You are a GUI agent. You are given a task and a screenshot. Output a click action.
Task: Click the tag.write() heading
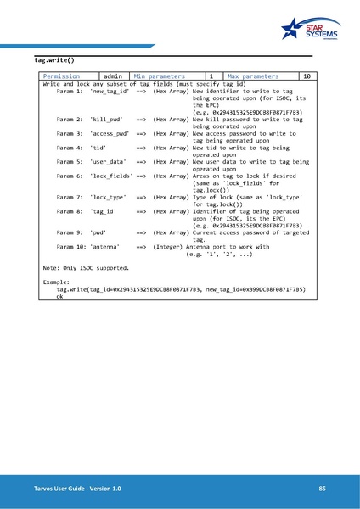coord(54,61)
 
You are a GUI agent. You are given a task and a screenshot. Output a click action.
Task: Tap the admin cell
coord(111,76)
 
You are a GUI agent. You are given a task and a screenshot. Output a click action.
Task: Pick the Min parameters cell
coord(160,76)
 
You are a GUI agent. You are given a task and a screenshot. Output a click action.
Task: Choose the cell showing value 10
coord(307,76)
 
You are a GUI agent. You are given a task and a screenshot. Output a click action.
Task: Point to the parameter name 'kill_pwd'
coord(105,120)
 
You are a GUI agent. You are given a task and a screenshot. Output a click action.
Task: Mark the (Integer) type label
coord(170,246)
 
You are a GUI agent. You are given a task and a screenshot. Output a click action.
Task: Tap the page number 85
coord(322,489)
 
